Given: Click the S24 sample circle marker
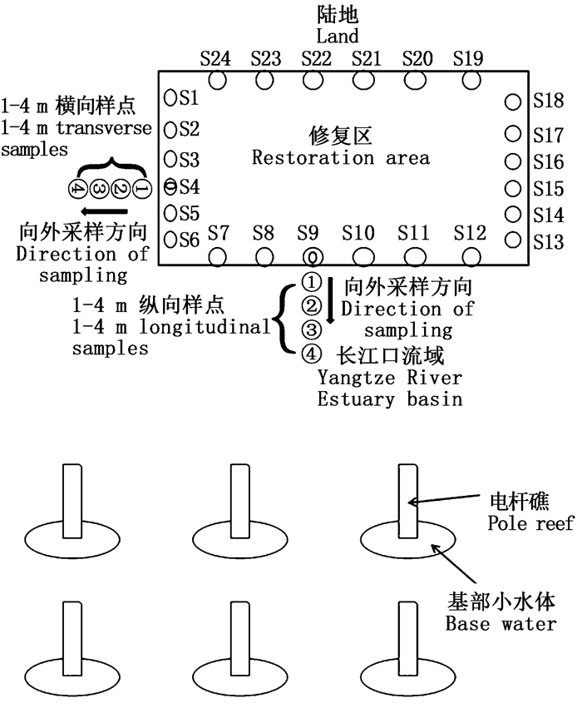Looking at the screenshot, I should (218, 81).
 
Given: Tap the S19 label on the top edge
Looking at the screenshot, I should (467, 58).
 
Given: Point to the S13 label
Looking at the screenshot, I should (549, 241).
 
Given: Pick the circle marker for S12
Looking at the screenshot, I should (471, 255).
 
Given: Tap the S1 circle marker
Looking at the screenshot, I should (170, 98).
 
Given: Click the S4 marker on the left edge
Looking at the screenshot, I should (170, 185).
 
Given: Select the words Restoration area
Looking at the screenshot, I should (340, 157).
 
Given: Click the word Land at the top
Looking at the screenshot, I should (338, 36).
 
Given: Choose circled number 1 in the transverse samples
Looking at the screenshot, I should (141, 188).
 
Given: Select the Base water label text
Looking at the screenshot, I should (501, 623).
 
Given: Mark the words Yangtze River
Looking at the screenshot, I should (389, 378).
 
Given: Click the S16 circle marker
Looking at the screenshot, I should (512, 161).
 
